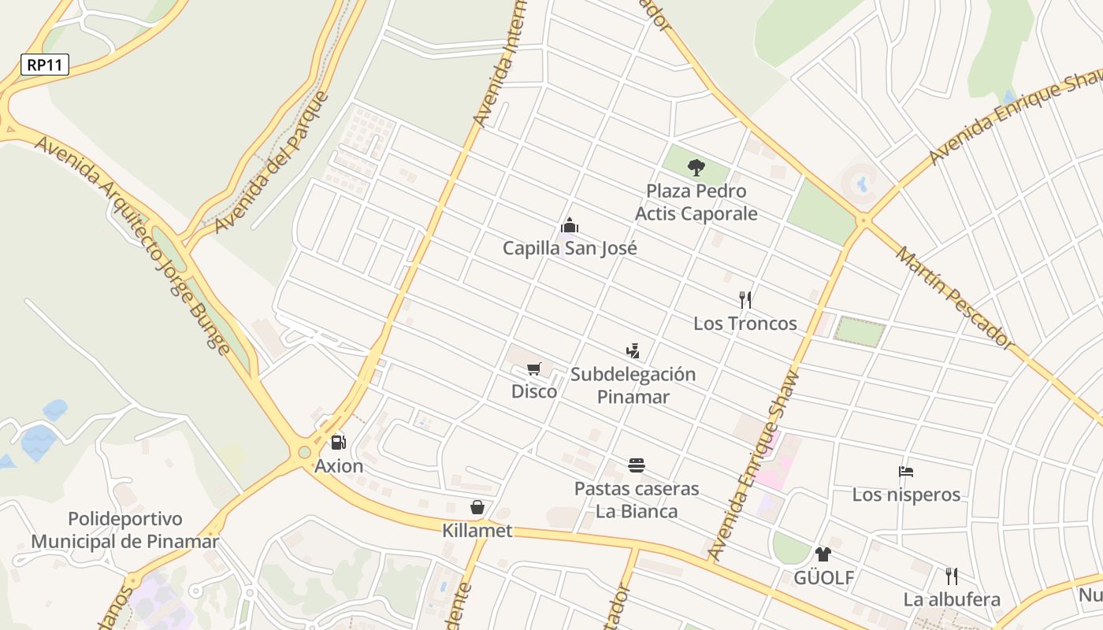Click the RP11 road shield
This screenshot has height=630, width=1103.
pos(45,65)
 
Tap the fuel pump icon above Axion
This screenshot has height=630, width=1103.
pos(339,443)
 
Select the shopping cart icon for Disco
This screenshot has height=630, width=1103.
pos(534,369)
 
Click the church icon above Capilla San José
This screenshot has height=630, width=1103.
pos(570,226)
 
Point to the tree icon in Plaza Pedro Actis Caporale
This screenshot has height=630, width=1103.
pos(696,167)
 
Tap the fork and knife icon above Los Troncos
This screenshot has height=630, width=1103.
pos(745,300)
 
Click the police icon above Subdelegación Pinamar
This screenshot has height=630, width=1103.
pos(633,350)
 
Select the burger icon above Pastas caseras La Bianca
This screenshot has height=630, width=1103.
pos(637,465)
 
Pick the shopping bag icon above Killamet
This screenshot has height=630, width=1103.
pos(477,507)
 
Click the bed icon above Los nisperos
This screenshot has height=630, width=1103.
pos(906,472)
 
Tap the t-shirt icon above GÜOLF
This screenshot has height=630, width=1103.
pos(823,554)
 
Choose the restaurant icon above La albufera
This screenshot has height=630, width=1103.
pos(952,576)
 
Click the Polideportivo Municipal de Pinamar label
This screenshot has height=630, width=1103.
pos(124,530)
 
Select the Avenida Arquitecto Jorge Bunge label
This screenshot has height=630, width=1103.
pos(133,245)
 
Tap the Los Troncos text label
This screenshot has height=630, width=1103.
pos(745,324)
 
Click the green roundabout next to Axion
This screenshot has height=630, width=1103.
pos(304,452)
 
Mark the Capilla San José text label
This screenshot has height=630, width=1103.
pos(570,249)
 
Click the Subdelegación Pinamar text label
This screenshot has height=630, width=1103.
pos(633,385)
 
